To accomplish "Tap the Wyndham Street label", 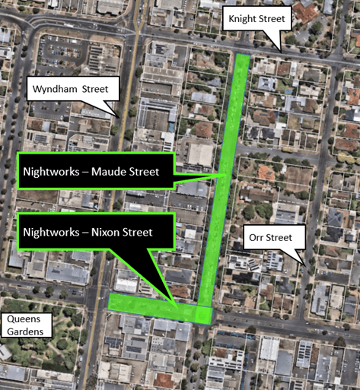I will coord(73,90).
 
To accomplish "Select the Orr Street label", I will coord(270,237).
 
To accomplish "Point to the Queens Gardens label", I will coord(27,325).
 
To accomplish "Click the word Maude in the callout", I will coord(112,172).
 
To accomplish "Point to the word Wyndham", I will coord(55,90).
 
